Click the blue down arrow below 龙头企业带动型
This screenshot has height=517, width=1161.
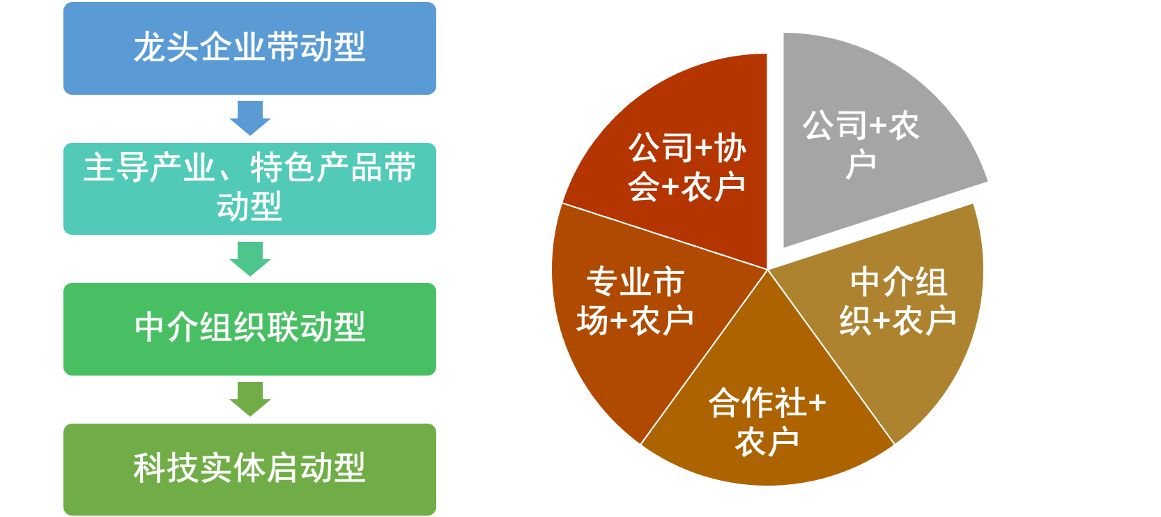click(x=250, y=118)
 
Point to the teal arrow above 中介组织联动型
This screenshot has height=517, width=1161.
click(x=250, y=258)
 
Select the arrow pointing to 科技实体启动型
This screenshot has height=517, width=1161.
click(x=250, y=399)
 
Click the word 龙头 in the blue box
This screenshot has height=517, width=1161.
click(x=167, y=48)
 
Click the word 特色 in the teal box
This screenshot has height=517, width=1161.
click(x=282, y=168)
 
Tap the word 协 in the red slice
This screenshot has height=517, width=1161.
click(x=730, y=148)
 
